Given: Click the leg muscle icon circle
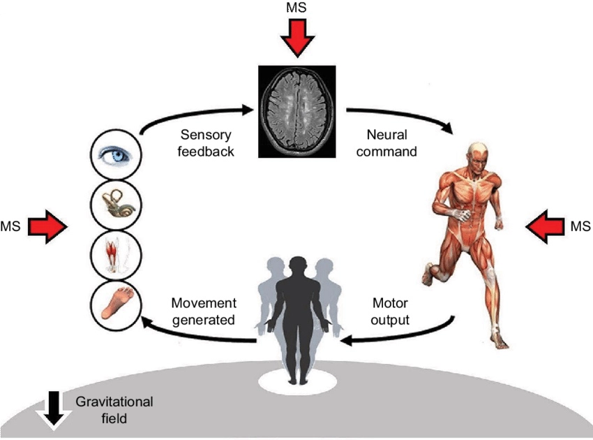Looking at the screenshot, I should point(117,254).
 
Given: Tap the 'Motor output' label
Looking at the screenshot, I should point(391,312).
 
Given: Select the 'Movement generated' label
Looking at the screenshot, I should point(204,312).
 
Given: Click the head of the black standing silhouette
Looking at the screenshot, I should point(298,266).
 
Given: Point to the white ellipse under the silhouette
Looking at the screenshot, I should point(298,381).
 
